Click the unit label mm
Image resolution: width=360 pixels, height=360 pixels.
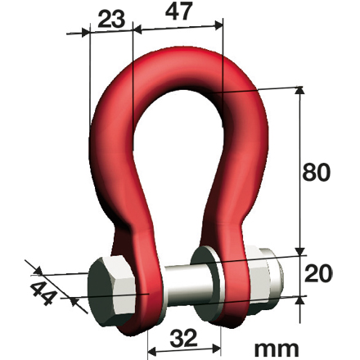click(276, 347)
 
